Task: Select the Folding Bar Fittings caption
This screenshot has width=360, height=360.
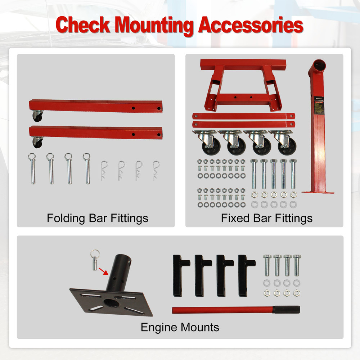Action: (97, 218)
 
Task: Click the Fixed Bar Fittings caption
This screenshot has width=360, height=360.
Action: (267, 218)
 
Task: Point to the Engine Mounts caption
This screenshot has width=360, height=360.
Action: (180, 327)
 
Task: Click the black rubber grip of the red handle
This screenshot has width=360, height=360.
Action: (286, 310)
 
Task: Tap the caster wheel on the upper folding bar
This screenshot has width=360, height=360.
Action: (37, 116)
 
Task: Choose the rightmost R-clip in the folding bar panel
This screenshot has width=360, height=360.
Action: (156, 170)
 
